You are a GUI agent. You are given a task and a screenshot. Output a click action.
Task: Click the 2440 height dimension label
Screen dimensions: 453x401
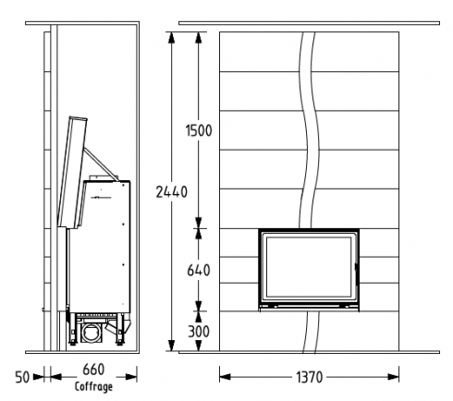tap(171, 192)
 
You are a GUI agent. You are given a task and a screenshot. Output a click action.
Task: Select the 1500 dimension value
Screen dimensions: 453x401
tap(199, 130)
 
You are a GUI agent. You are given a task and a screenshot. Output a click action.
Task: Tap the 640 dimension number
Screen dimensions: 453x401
tap(199, 270)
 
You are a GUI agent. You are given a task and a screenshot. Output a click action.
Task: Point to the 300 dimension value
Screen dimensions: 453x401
tap(199, 332)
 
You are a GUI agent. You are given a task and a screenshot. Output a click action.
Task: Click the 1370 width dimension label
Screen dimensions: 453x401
tap(309, 377)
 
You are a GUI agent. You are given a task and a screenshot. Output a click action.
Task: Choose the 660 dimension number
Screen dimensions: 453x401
tap(93, 370)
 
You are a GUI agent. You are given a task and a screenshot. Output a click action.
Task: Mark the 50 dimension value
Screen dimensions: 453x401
tap(22, 377)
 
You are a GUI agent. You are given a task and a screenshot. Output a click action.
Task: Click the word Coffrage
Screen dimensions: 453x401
tap(93, 386)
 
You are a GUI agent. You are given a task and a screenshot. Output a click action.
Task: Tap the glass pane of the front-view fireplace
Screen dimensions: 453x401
tap(309, 267)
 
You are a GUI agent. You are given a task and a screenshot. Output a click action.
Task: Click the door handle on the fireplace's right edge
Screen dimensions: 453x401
tap(357, 273)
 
